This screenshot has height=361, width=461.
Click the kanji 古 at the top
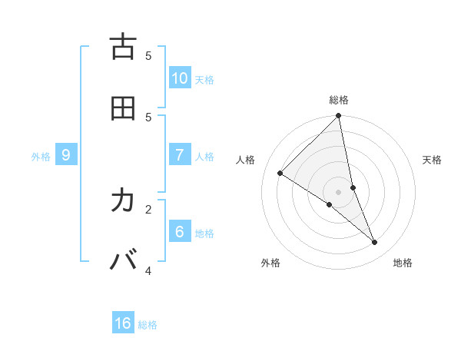point(123,47)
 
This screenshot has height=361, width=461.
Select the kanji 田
point(123,108)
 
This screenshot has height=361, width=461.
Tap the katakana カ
point(123,200)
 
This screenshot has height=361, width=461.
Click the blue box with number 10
point(180,78)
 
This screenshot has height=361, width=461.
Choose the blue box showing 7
point(180,155)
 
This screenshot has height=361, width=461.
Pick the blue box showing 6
point(180,231)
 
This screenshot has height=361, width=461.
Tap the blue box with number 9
point(66,155)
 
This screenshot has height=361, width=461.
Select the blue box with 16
point(123,323)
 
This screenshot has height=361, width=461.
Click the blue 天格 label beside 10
point(204,80)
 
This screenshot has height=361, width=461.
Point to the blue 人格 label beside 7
point(204,157)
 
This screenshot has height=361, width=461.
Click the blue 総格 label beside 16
point(148,325)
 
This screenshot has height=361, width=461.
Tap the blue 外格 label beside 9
point(41,157)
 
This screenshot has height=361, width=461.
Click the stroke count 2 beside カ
point(148,208)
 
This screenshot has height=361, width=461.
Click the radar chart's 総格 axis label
point(339,100)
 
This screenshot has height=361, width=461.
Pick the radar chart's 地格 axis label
point(403,263)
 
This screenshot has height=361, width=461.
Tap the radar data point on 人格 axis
point(280,174)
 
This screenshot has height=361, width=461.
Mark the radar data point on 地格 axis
point(375,243)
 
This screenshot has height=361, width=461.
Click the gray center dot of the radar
point(339,192)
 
